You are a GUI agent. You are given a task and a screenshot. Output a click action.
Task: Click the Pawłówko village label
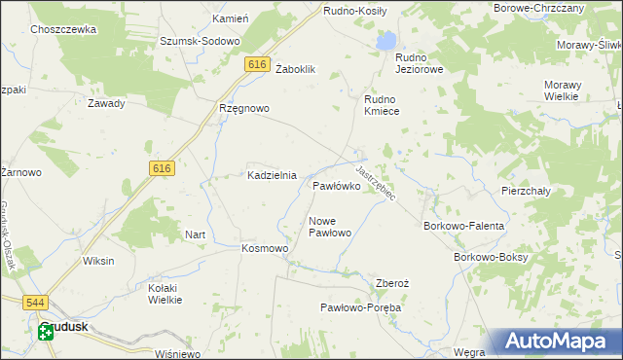point(337,185)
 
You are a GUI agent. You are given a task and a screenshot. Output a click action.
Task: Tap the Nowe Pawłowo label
point(329,227)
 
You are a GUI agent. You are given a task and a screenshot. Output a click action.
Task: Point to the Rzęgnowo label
point(243,109)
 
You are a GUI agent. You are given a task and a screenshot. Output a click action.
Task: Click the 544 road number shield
point(36,303)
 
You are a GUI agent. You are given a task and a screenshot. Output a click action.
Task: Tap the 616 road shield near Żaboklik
point(257,64)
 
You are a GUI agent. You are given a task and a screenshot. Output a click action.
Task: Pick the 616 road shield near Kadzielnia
point(163,168)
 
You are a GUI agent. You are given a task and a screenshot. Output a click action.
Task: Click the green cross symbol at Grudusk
point(46,334)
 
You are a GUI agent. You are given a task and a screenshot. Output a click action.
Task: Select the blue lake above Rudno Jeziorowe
point(386,41)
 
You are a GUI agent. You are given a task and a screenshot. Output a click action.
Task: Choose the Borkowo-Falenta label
point(463,226)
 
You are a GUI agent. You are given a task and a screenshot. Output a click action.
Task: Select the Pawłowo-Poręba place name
point(361,307)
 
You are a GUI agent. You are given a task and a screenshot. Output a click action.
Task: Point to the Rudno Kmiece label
point(388,105)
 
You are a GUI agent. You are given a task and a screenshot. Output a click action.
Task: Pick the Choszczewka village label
point(63,30)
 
